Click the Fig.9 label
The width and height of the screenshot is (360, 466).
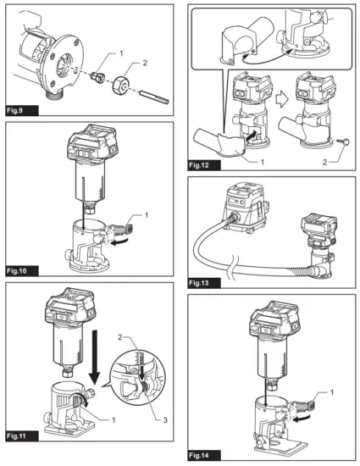[15, 111]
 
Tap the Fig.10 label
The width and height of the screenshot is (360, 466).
[17, 271]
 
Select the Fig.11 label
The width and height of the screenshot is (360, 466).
[17, 436]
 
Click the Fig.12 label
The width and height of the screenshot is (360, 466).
[199, 165]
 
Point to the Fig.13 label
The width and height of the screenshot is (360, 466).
[199, 283]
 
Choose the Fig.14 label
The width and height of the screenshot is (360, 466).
[199, 455]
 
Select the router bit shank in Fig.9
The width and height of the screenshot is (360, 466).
[154, 97]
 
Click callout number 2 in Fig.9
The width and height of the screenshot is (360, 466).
[145, 63]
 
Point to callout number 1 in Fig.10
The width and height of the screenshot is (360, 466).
[147, 214]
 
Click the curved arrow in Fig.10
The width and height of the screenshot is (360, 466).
[120, 241]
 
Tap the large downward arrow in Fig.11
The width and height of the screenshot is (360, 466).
[96, 357]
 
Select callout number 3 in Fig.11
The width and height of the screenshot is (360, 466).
[165, 420]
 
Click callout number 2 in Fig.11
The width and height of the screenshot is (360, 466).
[120, 337]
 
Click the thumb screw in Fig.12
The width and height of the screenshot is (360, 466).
[345, 142]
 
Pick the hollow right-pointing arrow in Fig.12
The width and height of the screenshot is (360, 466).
[282, 100]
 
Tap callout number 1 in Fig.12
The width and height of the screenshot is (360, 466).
[263, 162]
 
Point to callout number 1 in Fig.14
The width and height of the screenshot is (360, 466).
[332, 392]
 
